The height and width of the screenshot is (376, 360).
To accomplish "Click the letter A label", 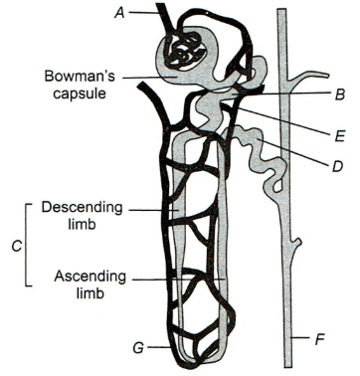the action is (x=119, y=13).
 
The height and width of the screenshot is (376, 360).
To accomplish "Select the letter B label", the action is (x=339, y=94).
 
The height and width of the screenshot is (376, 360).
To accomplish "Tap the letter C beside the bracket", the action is (x=17, y=246).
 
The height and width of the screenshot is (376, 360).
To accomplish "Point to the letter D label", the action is (x=337, y=167).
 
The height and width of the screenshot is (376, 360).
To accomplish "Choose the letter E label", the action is (x=339, y=136).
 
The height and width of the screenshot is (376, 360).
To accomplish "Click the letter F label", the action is (x=319, y=340).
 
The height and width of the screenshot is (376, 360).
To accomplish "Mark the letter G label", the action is (x=139, y=348).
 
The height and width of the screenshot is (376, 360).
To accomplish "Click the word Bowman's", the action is (x=80, y=76).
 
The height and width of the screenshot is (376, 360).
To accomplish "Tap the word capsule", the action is (x=80, y=94).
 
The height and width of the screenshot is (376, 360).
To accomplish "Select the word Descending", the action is (x=82, y=208).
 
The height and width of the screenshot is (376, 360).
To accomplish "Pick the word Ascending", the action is (x=90, y=277).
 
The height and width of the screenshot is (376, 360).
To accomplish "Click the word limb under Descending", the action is (x=82, y=224).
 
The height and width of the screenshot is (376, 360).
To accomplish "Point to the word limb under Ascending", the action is (x=90, y=293).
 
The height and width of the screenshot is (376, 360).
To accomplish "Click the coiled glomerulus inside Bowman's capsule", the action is (x=186, y=52).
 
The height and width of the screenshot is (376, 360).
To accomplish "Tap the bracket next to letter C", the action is (x=27, y=245).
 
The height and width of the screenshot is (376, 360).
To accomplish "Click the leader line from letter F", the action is (x=300, y=338).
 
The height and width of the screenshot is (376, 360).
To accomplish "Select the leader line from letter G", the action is (x=160, y=347).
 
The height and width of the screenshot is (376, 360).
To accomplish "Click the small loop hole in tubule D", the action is (x=277, y=186).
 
